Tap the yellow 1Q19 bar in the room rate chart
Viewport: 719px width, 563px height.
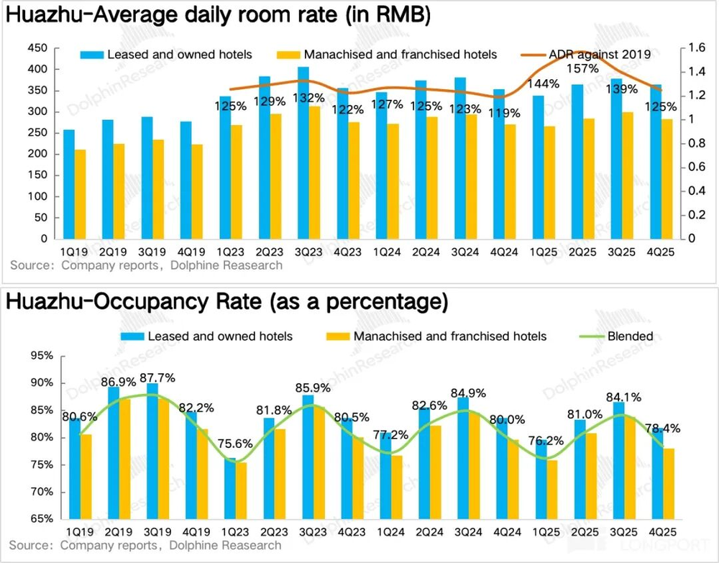[x=81, y=194]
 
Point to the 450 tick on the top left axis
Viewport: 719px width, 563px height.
[x=38, y=48]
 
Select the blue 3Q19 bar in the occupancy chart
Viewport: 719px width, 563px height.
[x=152, y=451]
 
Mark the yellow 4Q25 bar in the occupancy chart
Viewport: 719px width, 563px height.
[x=667, y=483]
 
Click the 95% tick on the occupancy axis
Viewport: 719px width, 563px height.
[x=38, y=355]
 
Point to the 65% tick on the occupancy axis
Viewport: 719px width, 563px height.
[x=38, y=519]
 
